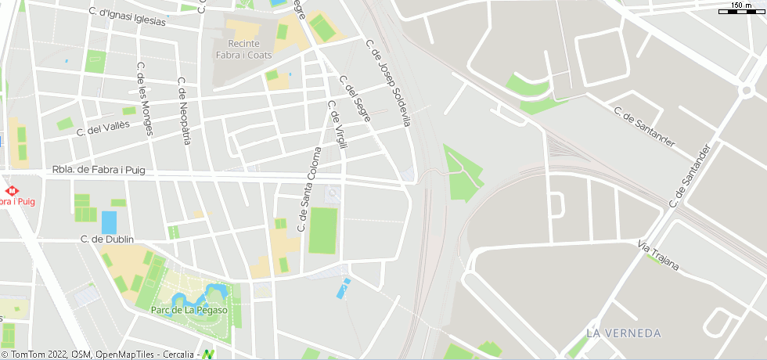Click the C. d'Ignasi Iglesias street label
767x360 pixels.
coord(127,16)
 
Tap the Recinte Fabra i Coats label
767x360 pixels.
coord(244,49)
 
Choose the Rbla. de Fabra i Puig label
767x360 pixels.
coord(99,170)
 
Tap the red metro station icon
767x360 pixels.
coord(12,190)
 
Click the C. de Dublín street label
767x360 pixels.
coord(106,239)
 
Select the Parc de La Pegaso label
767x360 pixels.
coord(189,310)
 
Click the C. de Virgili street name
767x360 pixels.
coord(337,128)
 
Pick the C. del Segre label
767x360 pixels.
coord(355,98)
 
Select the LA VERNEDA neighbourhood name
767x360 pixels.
coord(623,333)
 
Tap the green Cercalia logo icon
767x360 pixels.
coord(208,355)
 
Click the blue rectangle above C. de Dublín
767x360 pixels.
coord(109,222)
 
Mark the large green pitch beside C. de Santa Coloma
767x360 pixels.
coord(322,230)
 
